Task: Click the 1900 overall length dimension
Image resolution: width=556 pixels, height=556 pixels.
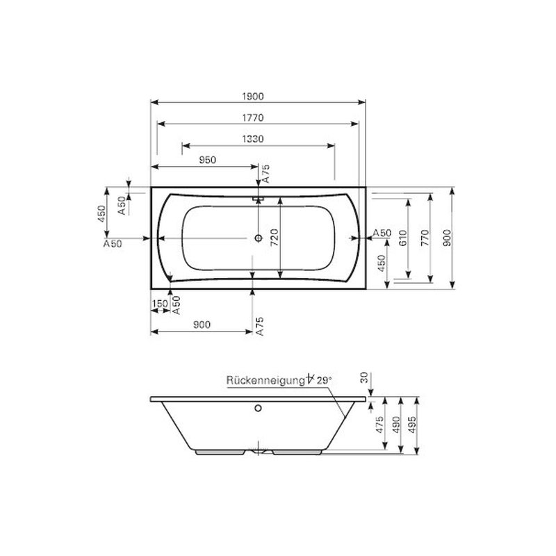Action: point(253,97)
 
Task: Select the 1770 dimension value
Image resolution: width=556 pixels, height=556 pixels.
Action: point(253,117)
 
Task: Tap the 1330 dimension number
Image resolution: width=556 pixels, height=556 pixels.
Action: point(253,139)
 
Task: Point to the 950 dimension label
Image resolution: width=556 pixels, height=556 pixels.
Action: point(207,161)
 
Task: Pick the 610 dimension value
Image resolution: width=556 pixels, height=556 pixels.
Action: point(403,238)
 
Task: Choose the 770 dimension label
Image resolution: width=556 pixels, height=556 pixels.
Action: point(425,238)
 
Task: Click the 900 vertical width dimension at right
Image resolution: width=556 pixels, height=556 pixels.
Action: point(447,238)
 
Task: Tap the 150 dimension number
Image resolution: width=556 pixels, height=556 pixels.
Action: point(160,304)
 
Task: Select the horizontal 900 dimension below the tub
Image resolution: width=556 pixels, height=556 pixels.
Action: point(202,325)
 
